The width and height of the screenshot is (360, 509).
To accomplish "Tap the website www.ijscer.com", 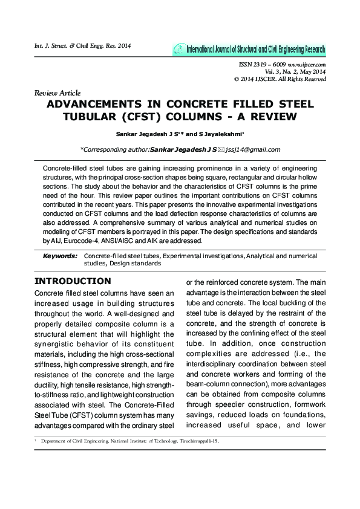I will click(308, 65).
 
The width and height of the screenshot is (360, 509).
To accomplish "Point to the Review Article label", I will click(57, 92).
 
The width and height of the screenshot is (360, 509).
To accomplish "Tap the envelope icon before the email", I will click(221, 149).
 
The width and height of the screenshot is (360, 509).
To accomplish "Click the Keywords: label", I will click(60, 256).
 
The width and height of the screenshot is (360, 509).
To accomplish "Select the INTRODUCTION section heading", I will click(73, 281).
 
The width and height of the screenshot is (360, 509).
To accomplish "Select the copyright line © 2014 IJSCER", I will click(280, 79).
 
